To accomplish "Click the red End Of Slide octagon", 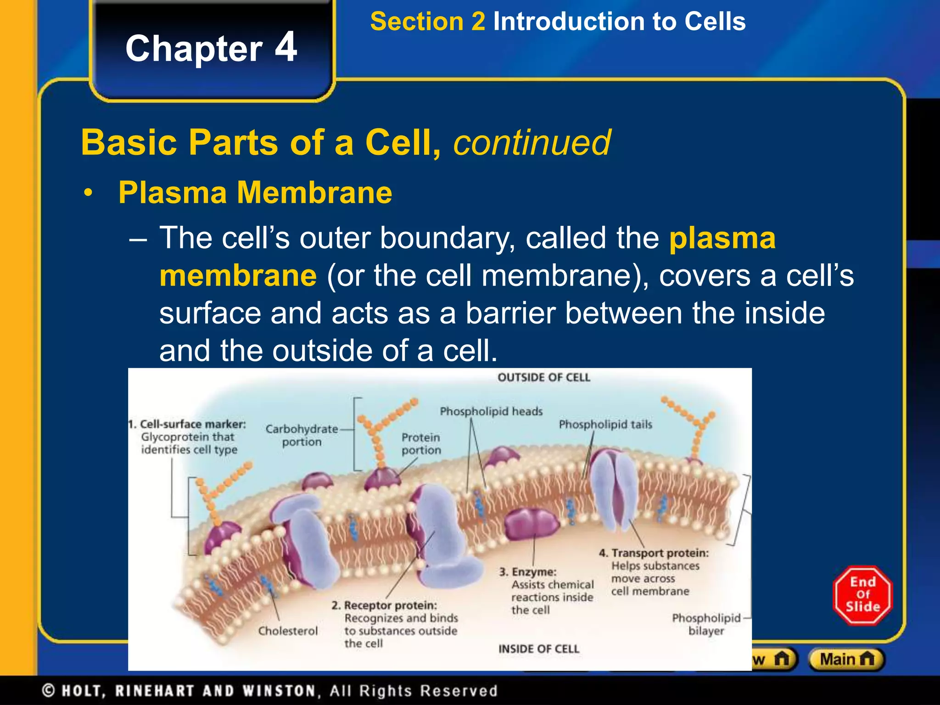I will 862,595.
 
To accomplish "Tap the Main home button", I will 846,660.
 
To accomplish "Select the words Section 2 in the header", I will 427,22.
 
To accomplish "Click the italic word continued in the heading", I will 532,143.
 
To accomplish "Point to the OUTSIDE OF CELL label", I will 543,377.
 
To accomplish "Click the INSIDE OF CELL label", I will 539,649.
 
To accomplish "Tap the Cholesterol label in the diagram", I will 288,631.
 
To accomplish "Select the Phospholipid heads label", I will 491,411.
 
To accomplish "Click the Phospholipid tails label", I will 605,425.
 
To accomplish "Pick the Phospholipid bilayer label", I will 706,624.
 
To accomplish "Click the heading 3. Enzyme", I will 528,572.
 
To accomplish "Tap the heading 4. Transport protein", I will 654,553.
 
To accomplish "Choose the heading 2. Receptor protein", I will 384,605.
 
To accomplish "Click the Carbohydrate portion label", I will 302,435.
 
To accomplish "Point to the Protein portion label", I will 421,443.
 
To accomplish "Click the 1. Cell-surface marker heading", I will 187,424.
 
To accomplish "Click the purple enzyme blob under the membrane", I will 531,523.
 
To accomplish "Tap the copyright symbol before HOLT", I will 49,691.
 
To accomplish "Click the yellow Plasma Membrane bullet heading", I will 255,192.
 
